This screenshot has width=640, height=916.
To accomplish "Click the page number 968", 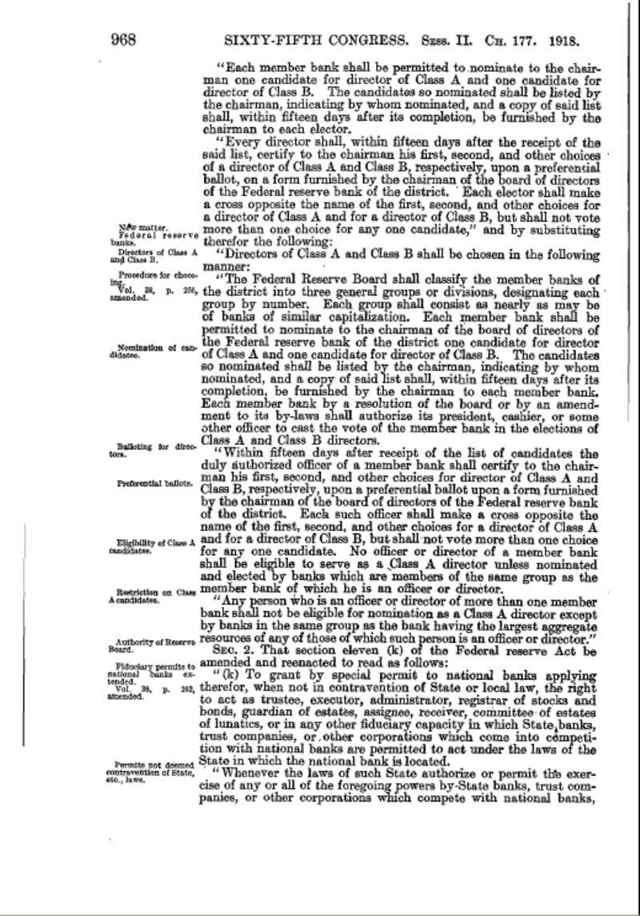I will pos(127,38).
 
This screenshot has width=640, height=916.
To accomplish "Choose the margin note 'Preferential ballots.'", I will pos(155,483).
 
